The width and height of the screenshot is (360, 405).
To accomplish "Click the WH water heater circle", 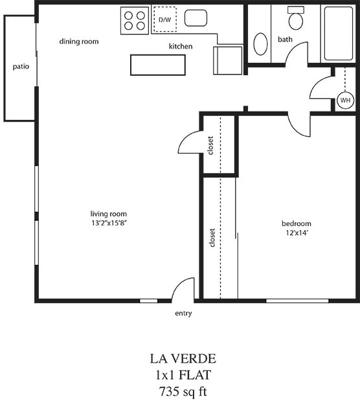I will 344,100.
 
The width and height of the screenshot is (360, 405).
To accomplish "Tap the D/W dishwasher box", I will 163,20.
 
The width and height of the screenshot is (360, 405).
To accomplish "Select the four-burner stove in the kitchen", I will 135,20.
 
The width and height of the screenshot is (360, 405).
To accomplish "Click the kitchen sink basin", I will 196,18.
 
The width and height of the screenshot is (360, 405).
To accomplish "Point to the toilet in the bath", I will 297,19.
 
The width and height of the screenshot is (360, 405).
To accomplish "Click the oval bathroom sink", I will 261,44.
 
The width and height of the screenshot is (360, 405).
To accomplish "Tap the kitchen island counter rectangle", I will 157,65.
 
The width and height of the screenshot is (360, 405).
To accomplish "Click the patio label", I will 21,66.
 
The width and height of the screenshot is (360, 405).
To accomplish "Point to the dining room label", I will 79,41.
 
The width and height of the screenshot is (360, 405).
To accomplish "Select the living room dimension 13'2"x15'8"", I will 109,224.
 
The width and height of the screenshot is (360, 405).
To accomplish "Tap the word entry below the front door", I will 183,314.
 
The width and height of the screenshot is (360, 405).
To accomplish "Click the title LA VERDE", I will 183,358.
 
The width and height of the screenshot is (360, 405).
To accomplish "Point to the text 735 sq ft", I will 183,391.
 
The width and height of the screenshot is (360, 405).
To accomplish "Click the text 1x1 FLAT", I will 183,375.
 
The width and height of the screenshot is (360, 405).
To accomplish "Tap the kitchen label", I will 181,46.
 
